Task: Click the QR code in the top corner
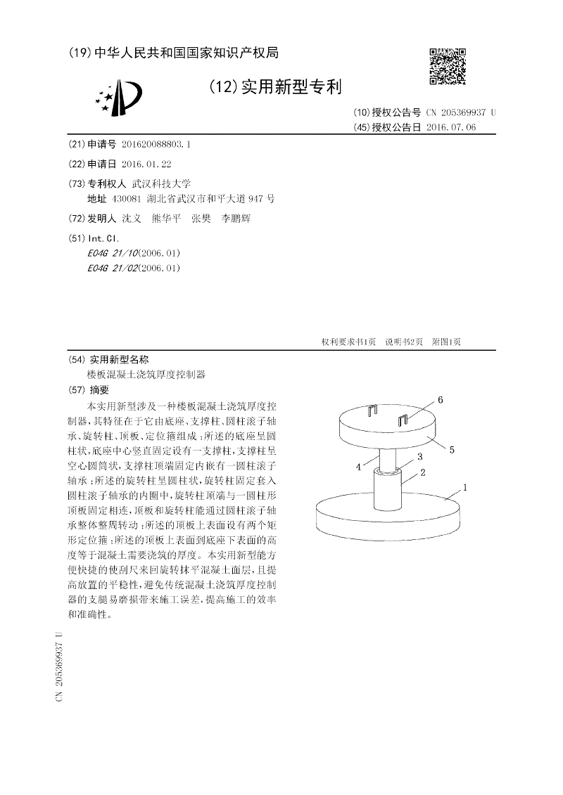point(448,66)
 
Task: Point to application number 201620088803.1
point(156,144)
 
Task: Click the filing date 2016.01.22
point(146,163)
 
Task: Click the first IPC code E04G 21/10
point(113,253)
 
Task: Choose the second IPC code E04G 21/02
point(113,268)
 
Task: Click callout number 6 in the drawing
point(440,400)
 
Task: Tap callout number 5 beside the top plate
point(452,448)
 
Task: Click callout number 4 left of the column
point(358,466)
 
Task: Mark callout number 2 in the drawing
point(423,472)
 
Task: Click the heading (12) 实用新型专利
point(275,87)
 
